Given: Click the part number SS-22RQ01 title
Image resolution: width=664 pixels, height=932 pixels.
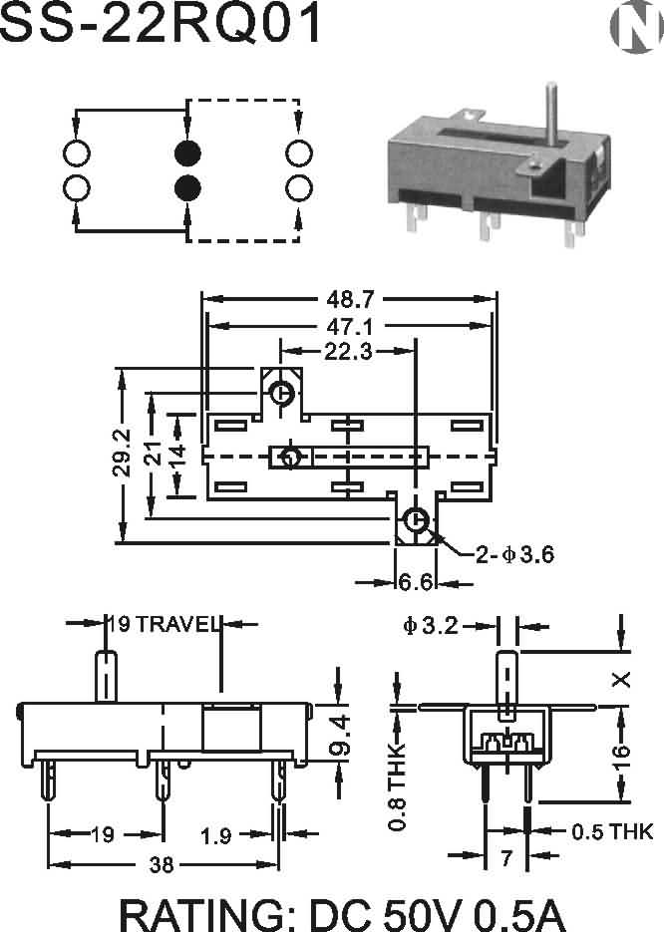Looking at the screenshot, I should click(162, 24).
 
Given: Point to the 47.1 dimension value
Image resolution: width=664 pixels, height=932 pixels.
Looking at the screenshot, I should click(349, 326).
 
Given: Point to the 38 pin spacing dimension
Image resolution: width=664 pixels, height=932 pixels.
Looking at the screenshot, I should click(160, 865).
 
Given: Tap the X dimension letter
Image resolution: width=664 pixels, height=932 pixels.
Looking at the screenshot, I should click(621, 680).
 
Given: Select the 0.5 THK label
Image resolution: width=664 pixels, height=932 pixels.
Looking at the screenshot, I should click(611, 830).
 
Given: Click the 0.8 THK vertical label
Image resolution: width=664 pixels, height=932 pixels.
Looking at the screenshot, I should click(399, 787).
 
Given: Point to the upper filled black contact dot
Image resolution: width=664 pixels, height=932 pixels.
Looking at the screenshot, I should click(187, 154).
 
